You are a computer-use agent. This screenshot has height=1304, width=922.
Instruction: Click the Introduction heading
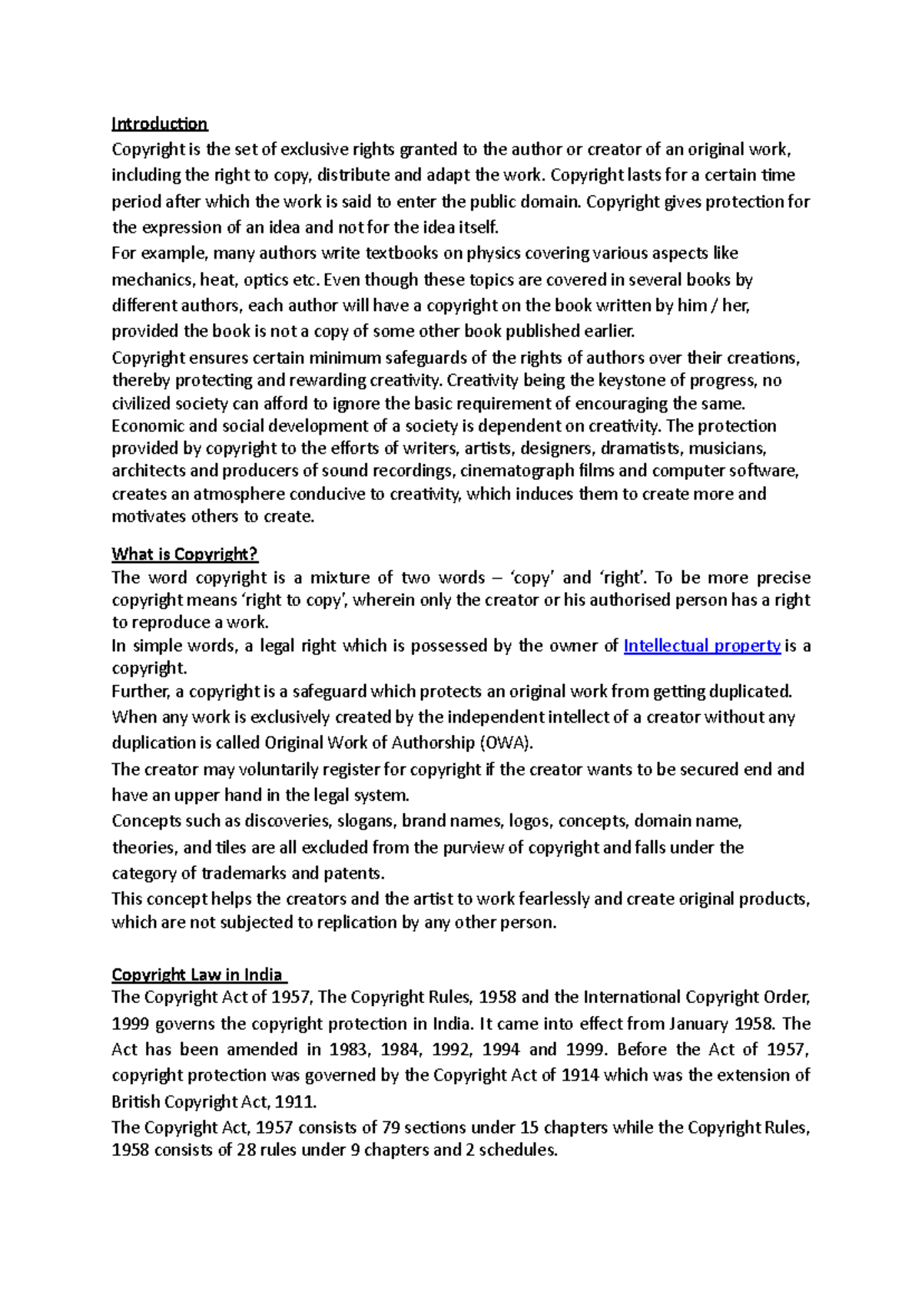159,124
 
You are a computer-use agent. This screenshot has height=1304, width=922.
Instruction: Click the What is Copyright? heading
184,554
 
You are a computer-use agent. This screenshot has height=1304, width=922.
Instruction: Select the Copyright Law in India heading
197,975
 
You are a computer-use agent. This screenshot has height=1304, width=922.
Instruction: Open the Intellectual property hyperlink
701,646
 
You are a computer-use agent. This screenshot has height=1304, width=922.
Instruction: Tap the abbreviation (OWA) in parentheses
506,743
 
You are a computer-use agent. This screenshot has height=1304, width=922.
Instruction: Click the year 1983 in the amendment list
348,1049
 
